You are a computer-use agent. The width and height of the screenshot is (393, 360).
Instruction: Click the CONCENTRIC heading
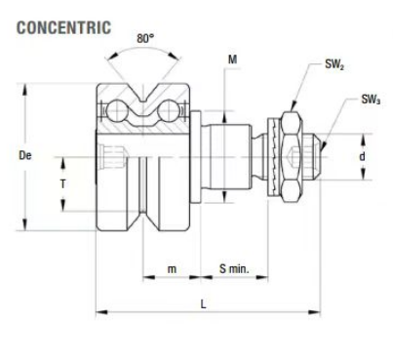click(x=63, y=27)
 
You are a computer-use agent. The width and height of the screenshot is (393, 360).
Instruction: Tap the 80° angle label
click(x=145, y=38)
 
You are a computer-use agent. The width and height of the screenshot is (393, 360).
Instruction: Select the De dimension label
click(x=25, y=155)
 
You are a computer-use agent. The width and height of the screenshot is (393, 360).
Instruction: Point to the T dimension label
click(x=62, y=184)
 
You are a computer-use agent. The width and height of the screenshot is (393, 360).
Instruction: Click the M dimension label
click(x=232, y=60)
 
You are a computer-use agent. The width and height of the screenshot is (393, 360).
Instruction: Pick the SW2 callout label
click(x=334, y=64)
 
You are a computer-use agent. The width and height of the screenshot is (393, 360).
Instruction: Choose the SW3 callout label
click(x=371, y=100)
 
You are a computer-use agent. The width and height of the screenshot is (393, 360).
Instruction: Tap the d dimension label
click(x=362, y=156)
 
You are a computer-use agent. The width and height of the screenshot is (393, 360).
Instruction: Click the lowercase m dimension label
click(x=172, y=269)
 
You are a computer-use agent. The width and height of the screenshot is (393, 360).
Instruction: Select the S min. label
click(x=234, y=268)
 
